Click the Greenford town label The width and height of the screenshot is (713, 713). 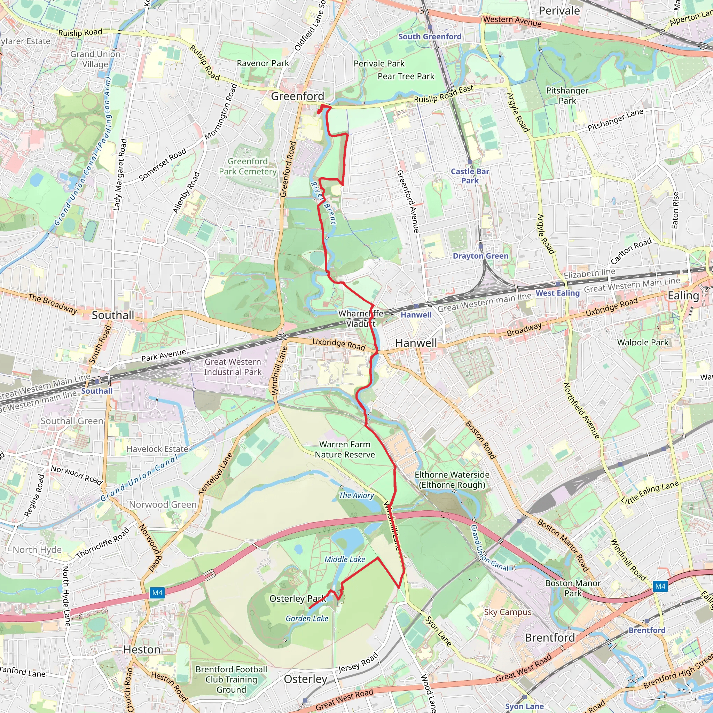tap(297, 96)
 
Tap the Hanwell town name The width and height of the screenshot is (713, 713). tap(416, 343)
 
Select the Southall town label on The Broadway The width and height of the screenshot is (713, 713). tap(113, 315)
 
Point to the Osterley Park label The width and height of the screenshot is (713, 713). tap(297, 598)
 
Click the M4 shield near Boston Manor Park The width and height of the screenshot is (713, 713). tap(660, 586)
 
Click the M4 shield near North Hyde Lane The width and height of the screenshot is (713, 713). tap(157, 593)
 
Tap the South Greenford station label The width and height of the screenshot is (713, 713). tap(430, 37)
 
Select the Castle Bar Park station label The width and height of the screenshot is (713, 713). tap(470, 176)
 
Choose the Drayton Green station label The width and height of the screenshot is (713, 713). tap(480, 256)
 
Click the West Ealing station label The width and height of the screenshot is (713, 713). tap(557, 293)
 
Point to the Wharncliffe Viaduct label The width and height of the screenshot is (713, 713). tap(361, 319)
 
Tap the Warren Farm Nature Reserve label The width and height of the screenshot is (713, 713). tap(345, 449)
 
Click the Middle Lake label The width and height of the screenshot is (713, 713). tap(345, 559)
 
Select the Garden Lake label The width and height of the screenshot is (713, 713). tap(307, 618)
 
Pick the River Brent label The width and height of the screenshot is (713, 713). tap(323, 203)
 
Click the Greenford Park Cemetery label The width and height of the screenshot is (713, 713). tap(248, 166)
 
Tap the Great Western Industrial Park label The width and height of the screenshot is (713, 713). tap(233, 367)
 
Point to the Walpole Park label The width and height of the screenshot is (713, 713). tap(643, 343)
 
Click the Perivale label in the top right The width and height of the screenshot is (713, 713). tap(559, 11)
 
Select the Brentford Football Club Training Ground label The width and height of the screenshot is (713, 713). tap(232, 680)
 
